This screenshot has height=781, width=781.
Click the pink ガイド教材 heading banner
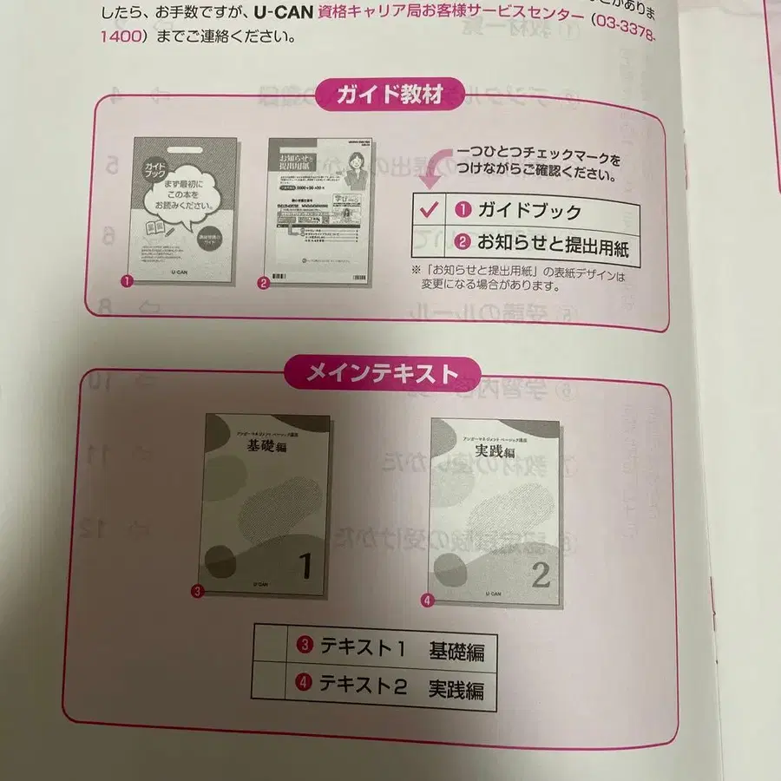tap(390, 95)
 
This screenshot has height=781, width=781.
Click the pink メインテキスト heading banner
tap(383, 373)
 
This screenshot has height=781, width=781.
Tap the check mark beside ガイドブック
tap(427, 210)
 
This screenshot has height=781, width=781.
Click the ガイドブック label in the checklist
tap(529, 211)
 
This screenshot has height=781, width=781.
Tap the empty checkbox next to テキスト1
tap(271, 646)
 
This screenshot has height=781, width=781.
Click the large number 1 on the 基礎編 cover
tap(305, 566)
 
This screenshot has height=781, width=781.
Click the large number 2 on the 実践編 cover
tap(540, 575)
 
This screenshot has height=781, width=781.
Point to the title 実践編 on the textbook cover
tap(496, 454)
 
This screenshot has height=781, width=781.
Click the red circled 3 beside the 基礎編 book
tap(197, 592)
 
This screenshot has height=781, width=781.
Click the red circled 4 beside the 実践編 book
tap(427, 600)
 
